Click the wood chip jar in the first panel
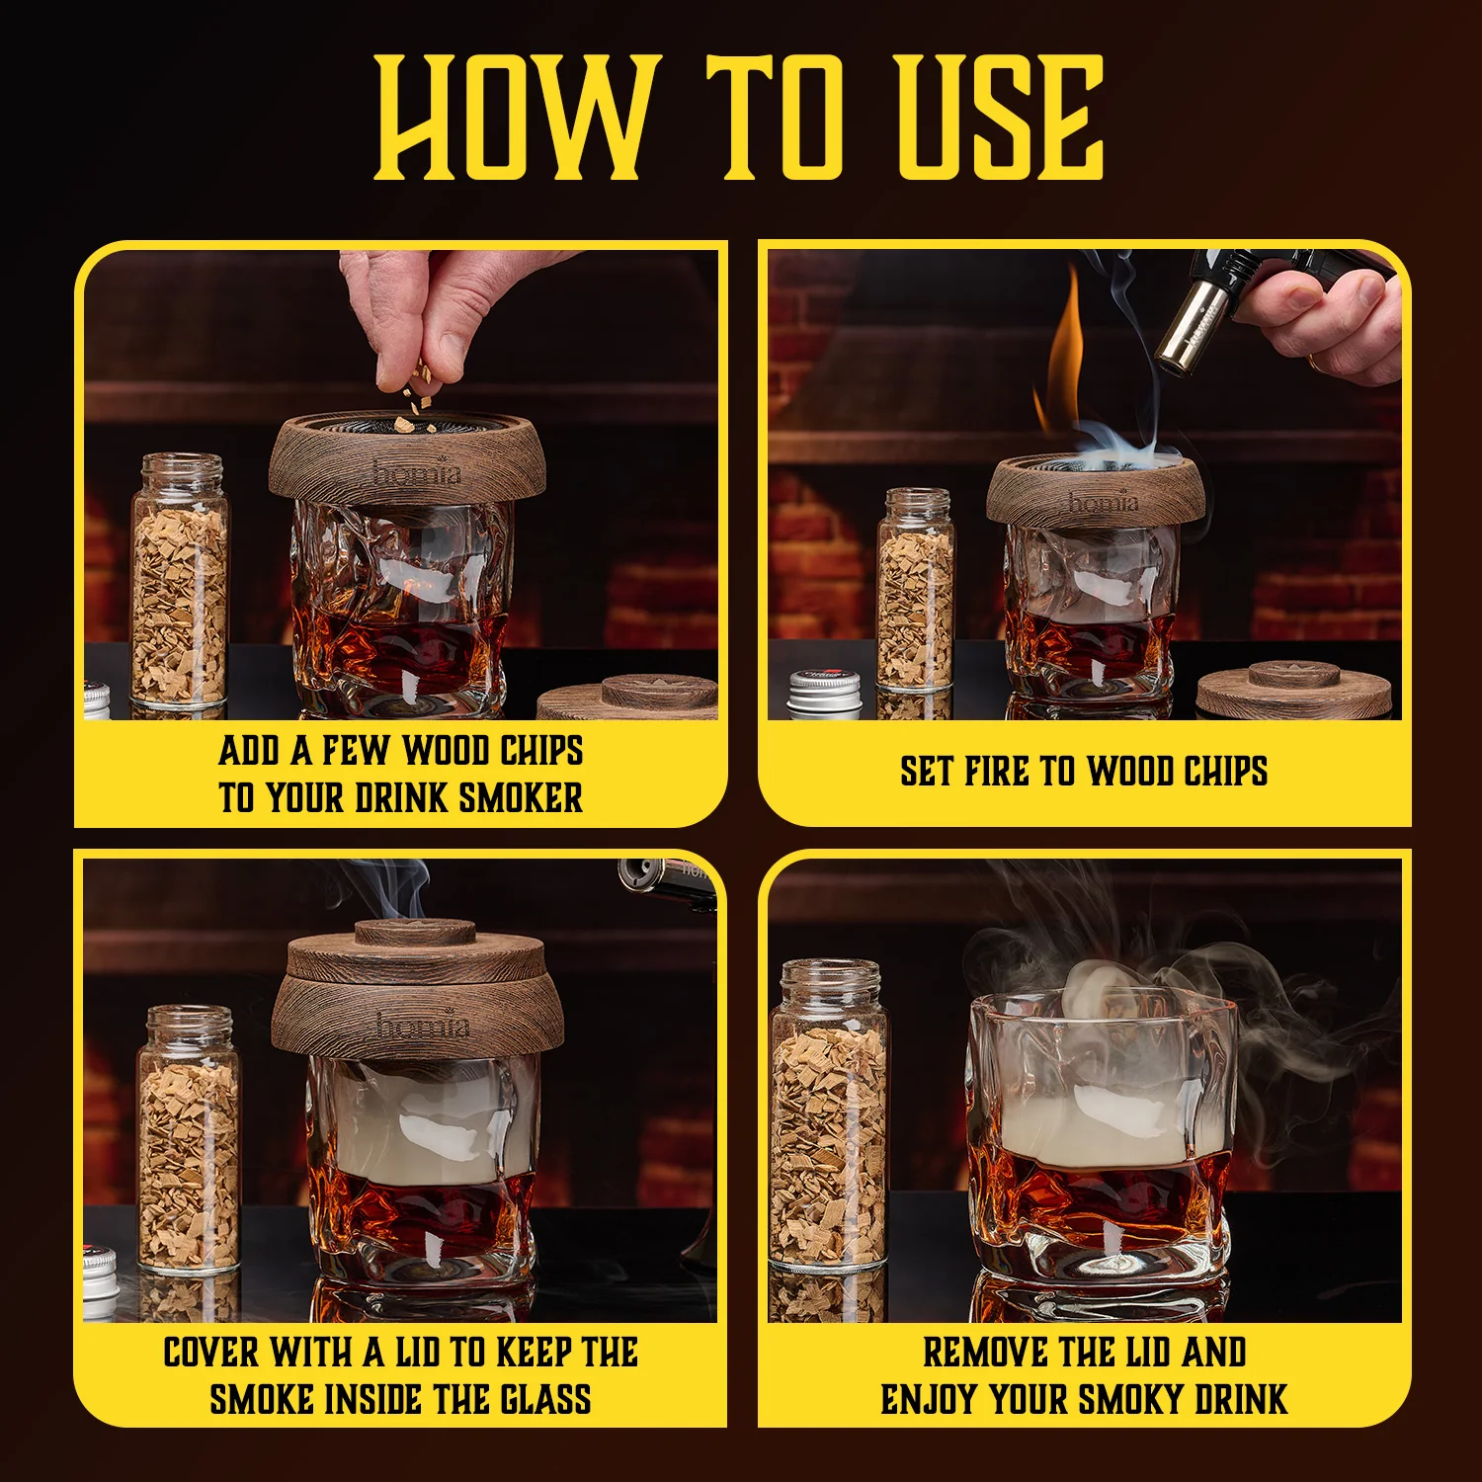point(180,583)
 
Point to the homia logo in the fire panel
point(1103,503)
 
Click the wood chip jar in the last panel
point(828,1116)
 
